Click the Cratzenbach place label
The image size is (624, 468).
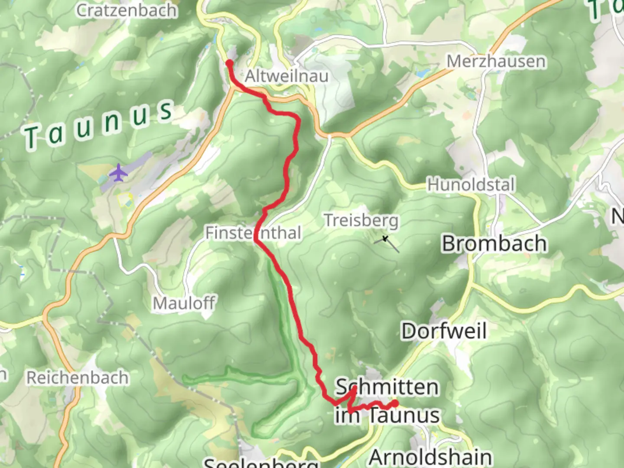(127, 10)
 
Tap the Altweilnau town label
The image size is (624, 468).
(286, 76)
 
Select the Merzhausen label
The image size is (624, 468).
(496, 62)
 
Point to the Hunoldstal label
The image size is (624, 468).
(471, 185)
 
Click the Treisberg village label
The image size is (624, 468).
(361, 221)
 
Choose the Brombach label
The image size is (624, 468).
(494, 244)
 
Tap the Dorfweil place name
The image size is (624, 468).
(444, 331)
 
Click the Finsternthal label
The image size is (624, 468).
(253, 233)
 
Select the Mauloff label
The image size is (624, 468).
(184, 303)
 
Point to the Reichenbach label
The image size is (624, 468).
(78, 378)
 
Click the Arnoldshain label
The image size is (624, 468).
(430, 457)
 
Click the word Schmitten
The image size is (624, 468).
(387, 387)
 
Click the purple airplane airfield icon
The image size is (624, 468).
(118, 173)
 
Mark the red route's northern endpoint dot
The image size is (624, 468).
(229, 63)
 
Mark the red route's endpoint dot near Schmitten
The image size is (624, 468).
(395, 404)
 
